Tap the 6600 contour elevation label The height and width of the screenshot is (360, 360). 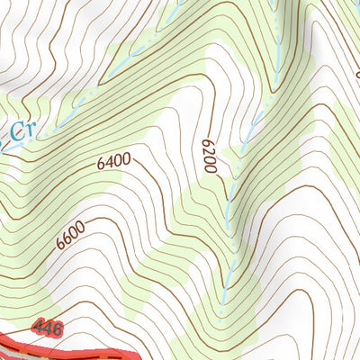(69, 235)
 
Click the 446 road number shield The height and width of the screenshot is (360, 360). (46, 328)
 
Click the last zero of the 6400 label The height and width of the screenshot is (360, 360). (127, 158)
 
